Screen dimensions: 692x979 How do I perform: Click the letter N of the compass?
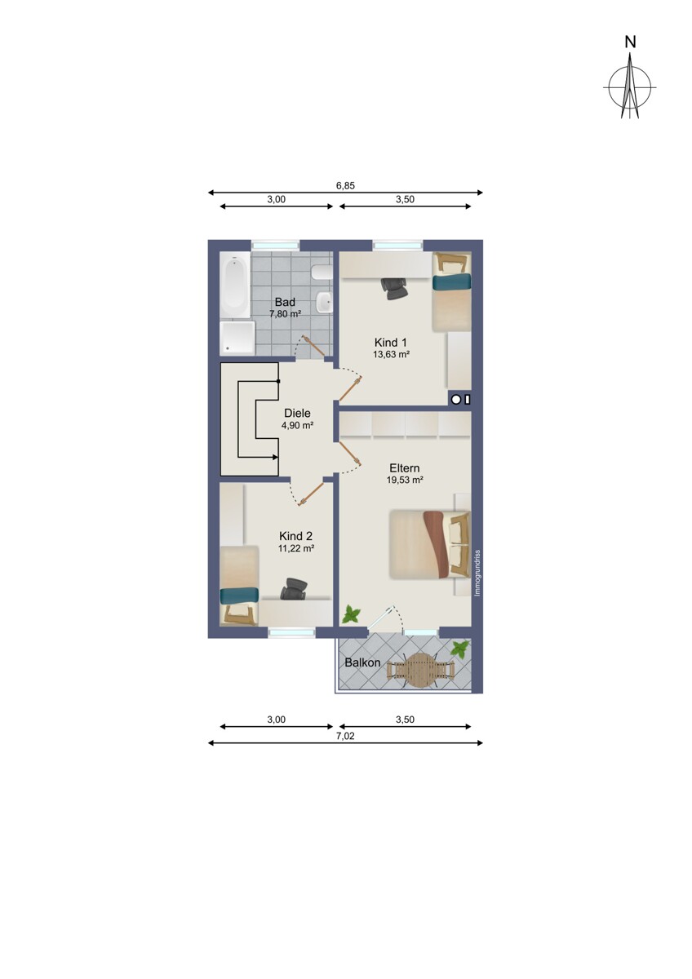(x=630, y=42)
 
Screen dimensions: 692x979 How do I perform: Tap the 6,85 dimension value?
(x=345, y=186)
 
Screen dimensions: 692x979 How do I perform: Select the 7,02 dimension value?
(x=345, y=736)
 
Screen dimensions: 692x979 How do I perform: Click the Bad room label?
(x=285, y=302)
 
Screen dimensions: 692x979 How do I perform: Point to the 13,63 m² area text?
(x=391, y=354)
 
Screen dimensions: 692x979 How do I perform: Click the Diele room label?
(x=297, y=413)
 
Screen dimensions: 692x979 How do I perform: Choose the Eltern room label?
(x=405, y=468)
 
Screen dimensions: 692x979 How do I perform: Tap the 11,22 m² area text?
(x=296, y=548)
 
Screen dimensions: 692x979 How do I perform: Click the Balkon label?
(x=362, y=662)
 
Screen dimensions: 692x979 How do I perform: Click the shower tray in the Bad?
(x=237, y=338)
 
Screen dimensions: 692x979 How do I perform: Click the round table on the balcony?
(x=421, y=670)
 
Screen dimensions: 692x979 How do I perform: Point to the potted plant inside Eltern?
(x=351, y=614)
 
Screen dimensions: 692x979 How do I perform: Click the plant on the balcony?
(x=460, y=648)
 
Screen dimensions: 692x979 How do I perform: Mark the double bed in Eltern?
(x=430, y=545)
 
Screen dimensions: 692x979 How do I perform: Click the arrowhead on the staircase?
(x=275, y=457)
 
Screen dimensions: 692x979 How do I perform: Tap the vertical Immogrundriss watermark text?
(x=477, y=573)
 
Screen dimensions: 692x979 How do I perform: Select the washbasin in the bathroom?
(x=324, y=302)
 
